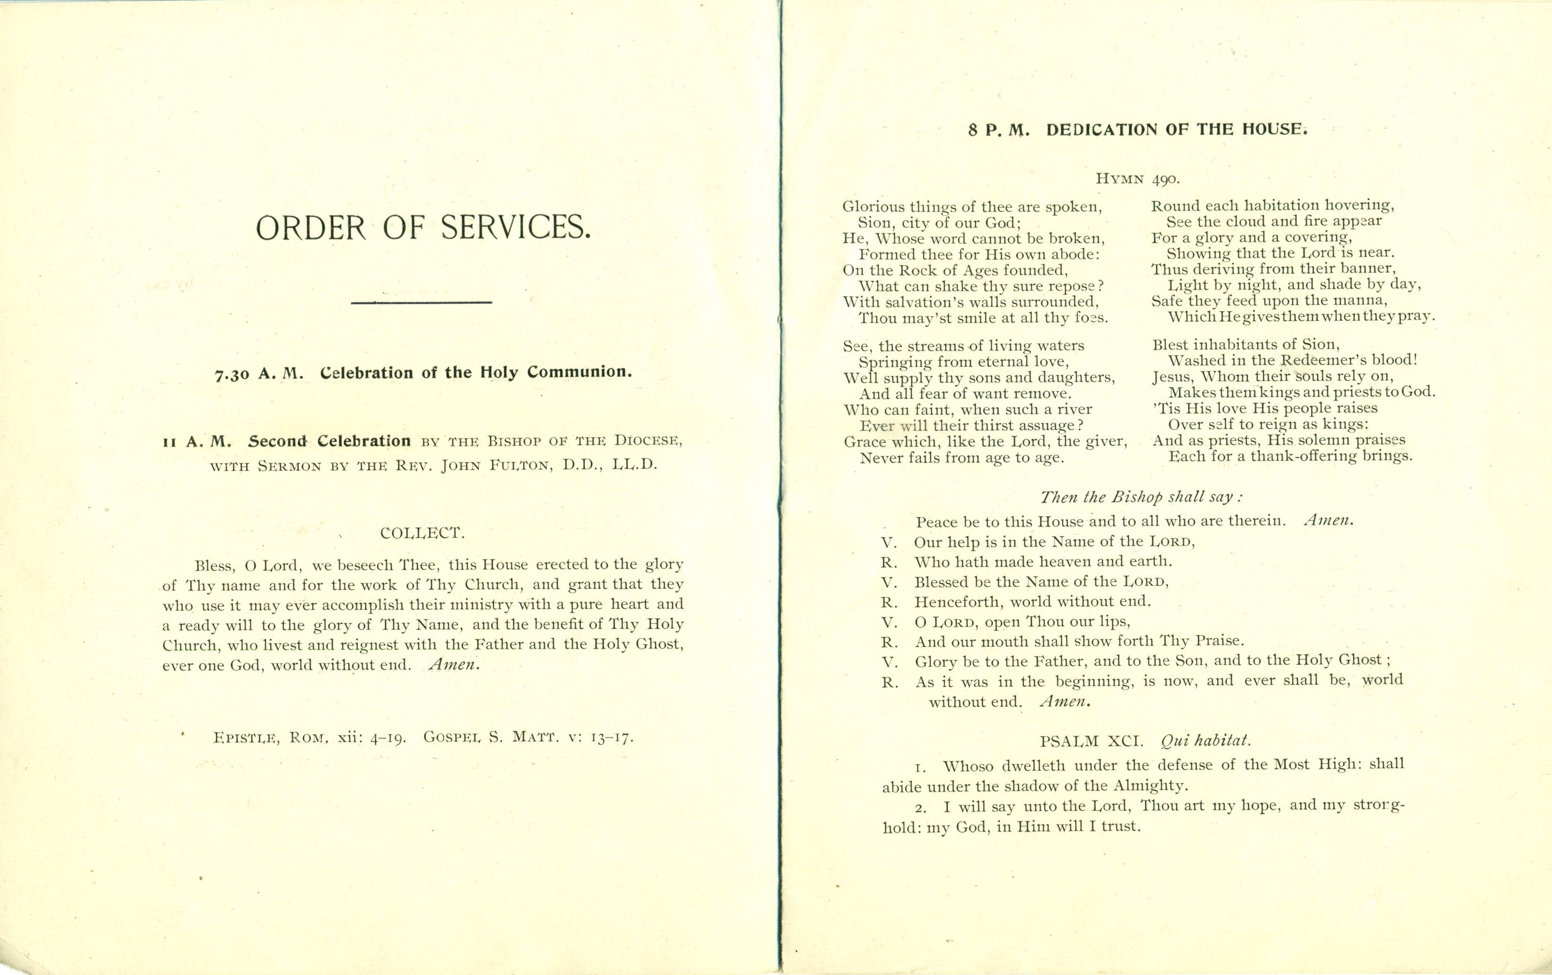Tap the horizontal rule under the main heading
coord(421,302)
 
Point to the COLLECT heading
coord(422,533)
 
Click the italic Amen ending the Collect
coord(454,664)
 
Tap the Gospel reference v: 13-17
coord(600,738)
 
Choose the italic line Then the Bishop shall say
coord(1141,497)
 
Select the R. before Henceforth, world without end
coord(890,603)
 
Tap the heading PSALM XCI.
coord(1091,741)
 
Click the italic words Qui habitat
coord(1205,741)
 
